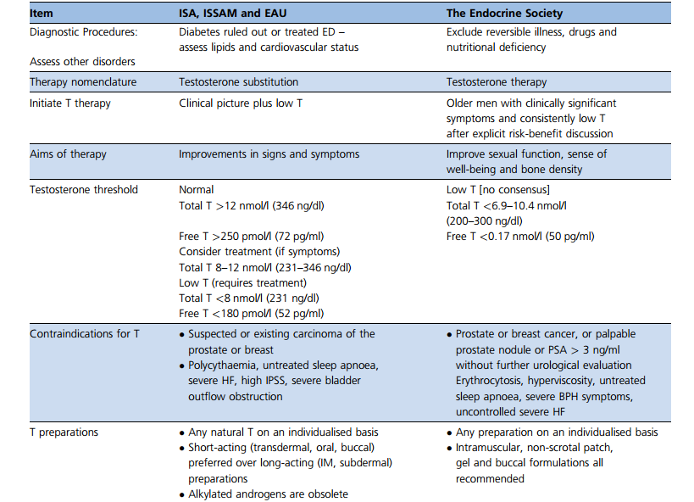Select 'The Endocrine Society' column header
click(x=506, y=14)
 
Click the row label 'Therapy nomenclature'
click(x=83, y=82)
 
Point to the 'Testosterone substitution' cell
click(x=239, y=82)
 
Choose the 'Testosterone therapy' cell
click(x=497, y=82)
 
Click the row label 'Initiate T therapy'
click(x=70, y=103)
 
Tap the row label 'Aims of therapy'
click(x=67, y=153)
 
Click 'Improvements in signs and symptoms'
click(x=269, y=153)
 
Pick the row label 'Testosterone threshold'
click(x=83, y=190)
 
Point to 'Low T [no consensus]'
click(x=499, y=190)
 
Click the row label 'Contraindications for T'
click(x=85, y=334)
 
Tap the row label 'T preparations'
click(x=64, y=432)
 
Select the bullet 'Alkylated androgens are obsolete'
click(x=268, y=494)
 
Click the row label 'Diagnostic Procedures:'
click(x=83, y=32)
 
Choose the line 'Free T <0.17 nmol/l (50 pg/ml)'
click(x=520, y=237)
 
